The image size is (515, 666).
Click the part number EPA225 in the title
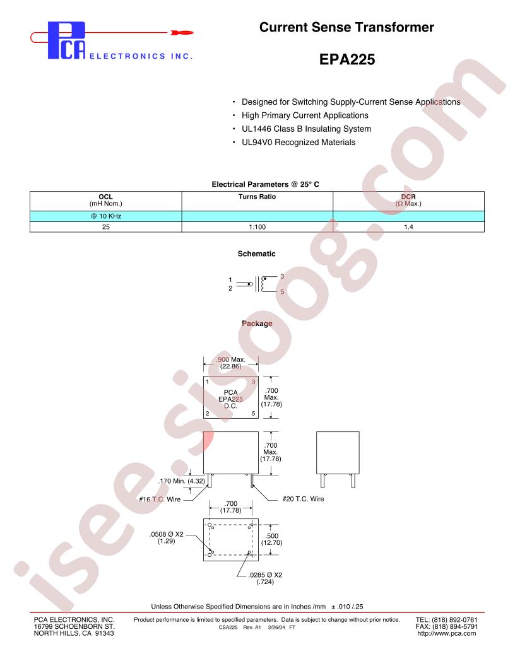[x=346, y=59]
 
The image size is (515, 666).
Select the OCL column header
[x=106, y=200]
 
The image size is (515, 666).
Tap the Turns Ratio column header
[x=257, y=197]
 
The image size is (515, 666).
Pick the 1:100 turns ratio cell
[x=257, y=227]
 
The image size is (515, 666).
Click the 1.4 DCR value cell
[x=408, y=227]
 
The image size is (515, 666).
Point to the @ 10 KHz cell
[x=106, y=216]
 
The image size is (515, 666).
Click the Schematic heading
[x=256, y=254]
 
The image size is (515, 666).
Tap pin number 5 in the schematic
[x=282, y=292]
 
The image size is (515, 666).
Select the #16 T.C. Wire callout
[x=160, y=499]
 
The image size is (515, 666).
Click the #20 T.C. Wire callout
[x=303, y=499]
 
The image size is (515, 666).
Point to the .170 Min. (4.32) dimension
[x=181, y=481]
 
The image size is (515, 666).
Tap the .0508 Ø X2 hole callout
[x=166, y=537]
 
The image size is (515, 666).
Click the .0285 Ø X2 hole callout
[x=265, y=578]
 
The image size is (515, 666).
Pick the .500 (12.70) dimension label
[x=271, y=539]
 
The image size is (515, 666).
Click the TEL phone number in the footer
[x=447, y=620]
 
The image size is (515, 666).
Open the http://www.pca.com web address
[x=447, y=633]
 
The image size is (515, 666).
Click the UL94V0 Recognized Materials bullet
[x=299, y=143]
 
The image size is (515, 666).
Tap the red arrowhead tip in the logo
[x=193, y=32]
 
